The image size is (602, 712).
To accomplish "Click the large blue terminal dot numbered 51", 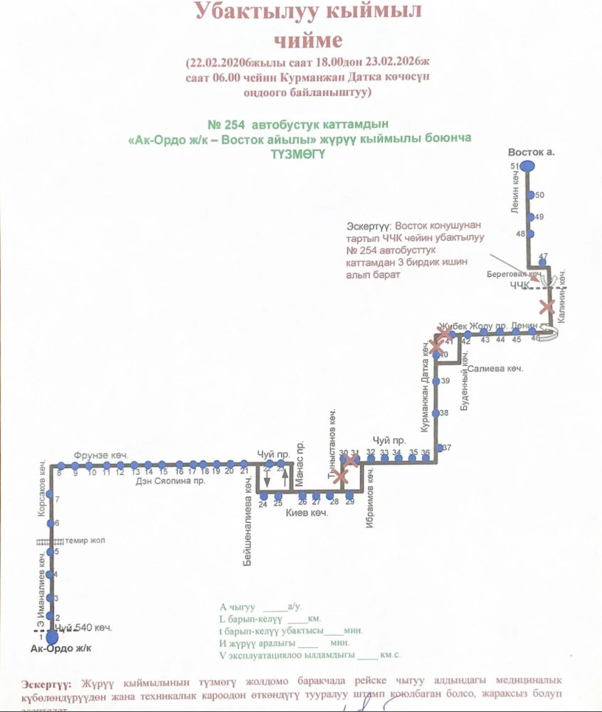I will pyautogui.click(x=527, y=166).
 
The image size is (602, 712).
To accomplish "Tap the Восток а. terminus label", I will pyautogui.click(x=531, y=152).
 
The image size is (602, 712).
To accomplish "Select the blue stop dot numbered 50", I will pyautogui.click(x=529, y=195).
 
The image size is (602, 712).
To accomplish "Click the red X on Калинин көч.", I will pyautogui.click(x=546, y=308).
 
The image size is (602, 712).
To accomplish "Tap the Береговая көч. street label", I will pyautogui.click(x=515, y=273).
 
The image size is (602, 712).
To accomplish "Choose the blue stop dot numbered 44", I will pyautogui.click(x=500, y=333).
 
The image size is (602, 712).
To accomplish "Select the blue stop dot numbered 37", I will pyautogui.click(x=439, y=448).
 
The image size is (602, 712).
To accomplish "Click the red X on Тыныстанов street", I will pyautogui.click(x=342, y=476).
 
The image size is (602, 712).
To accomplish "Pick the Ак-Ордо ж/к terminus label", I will pyautogui.click(x=62, y=649).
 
